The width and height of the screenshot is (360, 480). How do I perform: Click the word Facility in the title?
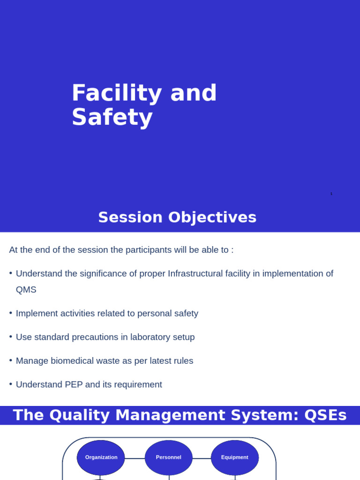(117, 93)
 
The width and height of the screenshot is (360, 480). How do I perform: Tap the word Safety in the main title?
(112, 117)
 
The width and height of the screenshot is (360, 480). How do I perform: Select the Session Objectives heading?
(177, 217)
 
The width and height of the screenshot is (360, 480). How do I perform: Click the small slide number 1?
(331, 194)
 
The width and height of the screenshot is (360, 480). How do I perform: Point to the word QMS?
(26, 290)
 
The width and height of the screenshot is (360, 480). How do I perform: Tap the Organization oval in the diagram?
(101, 457)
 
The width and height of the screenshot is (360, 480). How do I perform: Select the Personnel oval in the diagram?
(169, 457)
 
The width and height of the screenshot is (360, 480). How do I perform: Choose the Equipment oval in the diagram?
(235, 457)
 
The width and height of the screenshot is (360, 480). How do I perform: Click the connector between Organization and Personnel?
(135, 458)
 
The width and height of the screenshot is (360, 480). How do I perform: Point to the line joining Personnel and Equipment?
(202, 458)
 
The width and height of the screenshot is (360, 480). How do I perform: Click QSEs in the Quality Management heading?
(325, 415)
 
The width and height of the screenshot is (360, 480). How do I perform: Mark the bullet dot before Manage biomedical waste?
(11, 360)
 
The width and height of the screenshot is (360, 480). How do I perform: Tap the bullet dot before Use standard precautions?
(11, 337)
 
